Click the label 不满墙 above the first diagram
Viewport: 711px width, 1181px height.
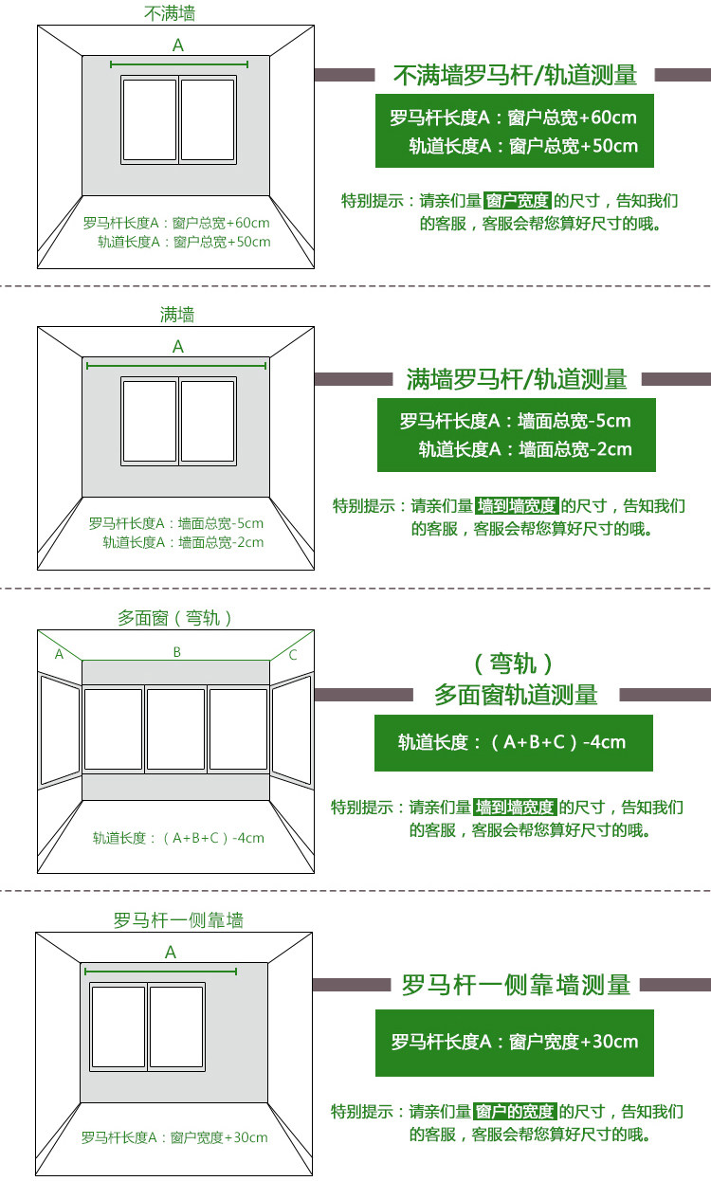171,13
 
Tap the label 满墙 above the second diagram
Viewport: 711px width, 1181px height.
177,315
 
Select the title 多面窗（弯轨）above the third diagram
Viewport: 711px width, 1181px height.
175,618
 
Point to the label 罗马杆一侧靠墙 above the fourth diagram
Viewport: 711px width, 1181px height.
178,920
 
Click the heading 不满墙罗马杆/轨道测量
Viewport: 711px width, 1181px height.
515,75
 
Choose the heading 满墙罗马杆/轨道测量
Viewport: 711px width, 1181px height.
517,379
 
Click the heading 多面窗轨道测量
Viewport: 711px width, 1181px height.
516,695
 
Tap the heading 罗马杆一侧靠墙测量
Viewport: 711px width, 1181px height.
516,985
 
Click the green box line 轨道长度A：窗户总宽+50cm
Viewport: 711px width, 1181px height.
523,146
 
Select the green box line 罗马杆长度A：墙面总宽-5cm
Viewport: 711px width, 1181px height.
515,421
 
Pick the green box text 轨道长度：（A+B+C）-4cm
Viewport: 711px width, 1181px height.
512,742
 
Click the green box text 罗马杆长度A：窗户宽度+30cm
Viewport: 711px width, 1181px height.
515,1042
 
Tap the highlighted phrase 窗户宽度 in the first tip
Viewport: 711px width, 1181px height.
517,201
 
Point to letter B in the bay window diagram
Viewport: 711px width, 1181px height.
176,652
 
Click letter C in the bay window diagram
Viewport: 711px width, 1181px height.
293,654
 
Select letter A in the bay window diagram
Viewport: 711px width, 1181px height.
59,654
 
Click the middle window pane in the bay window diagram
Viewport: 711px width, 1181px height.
175,728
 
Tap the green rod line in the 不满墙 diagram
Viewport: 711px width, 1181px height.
179,64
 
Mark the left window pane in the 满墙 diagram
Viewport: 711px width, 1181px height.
150,422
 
